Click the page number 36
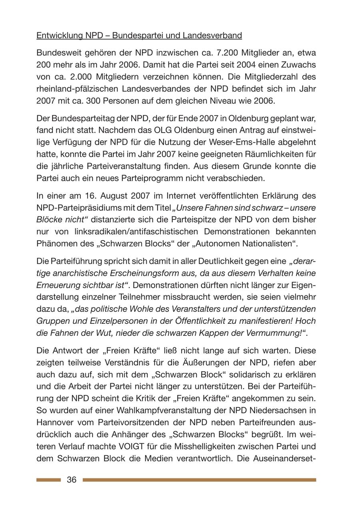(x=72, y=480)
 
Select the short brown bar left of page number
(x=48, y=480)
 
